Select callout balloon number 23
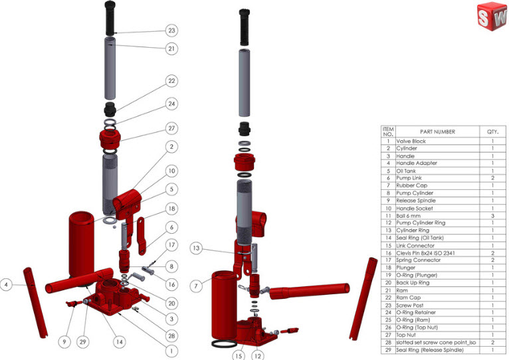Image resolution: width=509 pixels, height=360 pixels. (172, 31)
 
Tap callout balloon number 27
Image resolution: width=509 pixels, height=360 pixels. (172, 128)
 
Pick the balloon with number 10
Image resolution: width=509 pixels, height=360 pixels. (172, 170)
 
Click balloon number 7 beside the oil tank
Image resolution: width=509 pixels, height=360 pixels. (195, 286)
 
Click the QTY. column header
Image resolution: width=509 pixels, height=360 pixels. (492, 132)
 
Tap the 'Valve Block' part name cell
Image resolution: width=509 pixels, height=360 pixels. (411, 141)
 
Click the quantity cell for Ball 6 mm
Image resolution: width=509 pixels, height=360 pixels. (492, 216)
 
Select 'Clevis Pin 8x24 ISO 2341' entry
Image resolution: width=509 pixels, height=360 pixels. (425, 253)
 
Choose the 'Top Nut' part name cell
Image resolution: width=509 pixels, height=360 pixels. (406, 335)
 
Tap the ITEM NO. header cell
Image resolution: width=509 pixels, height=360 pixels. (388, 132)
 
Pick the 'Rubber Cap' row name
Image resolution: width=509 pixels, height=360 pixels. (411, 186)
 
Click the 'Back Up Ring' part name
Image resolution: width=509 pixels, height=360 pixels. (413, 283)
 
